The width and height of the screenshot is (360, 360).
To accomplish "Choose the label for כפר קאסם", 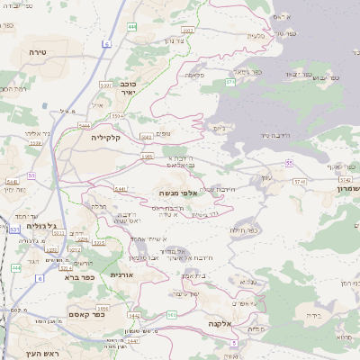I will (x=86, y=315).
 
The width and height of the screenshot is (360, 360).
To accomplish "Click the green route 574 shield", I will (x=230, y=82).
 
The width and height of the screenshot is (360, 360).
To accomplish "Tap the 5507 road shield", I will (x=106, y=85).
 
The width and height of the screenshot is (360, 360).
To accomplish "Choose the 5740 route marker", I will (x=299, y=182).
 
